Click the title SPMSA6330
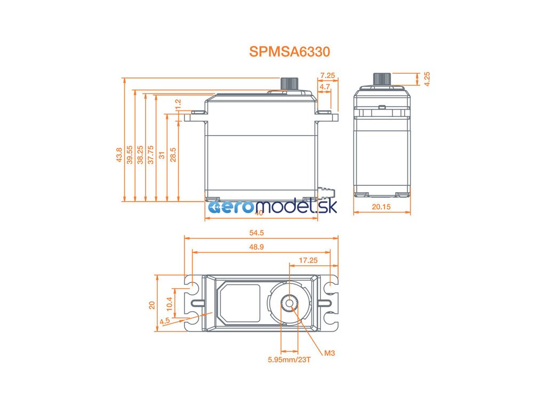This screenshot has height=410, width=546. click(x=290, y=52)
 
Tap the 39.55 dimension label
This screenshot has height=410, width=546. click(x=130, y=155)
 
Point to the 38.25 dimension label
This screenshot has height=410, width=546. click(x=140, y=155)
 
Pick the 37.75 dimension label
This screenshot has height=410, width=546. click(x=151, y=155)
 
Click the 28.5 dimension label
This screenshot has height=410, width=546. click(x=173, y=155)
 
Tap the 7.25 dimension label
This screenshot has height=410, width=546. click(x=327, y=76)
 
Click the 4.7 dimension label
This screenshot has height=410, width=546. click(x=324, y=86)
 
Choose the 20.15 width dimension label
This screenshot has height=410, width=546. click(x=382, y=207)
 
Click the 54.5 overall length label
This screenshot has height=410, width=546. click(x=261, y=232)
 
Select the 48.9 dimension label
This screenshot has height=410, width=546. click(x=261, y=247)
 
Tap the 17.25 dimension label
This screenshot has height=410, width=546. click(x=308, y=260)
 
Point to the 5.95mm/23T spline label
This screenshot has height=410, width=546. click(x=289, y=359)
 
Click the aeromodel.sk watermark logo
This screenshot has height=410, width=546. click(x=271, y=207)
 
